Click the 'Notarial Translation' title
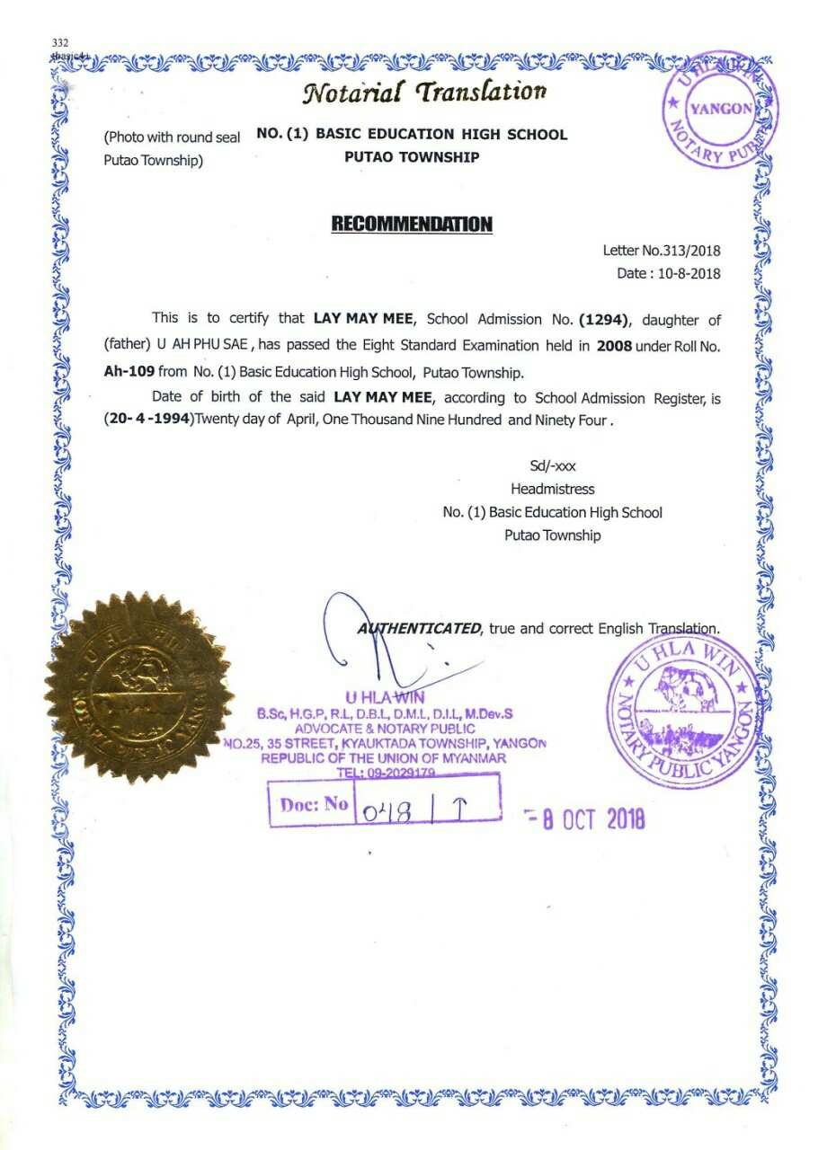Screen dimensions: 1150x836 click(426, 92)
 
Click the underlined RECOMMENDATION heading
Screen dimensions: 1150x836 click(412, 224)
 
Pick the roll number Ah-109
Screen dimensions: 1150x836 click(129, 371)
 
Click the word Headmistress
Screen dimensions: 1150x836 click(552, 490)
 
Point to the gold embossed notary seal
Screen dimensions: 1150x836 click(136, 686)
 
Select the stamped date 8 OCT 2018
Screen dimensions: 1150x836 click(589, 818)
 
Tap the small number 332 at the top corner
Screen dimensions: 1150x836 click(60, 42)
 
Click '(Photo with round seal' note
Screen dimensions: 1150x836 click(172, 137)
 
